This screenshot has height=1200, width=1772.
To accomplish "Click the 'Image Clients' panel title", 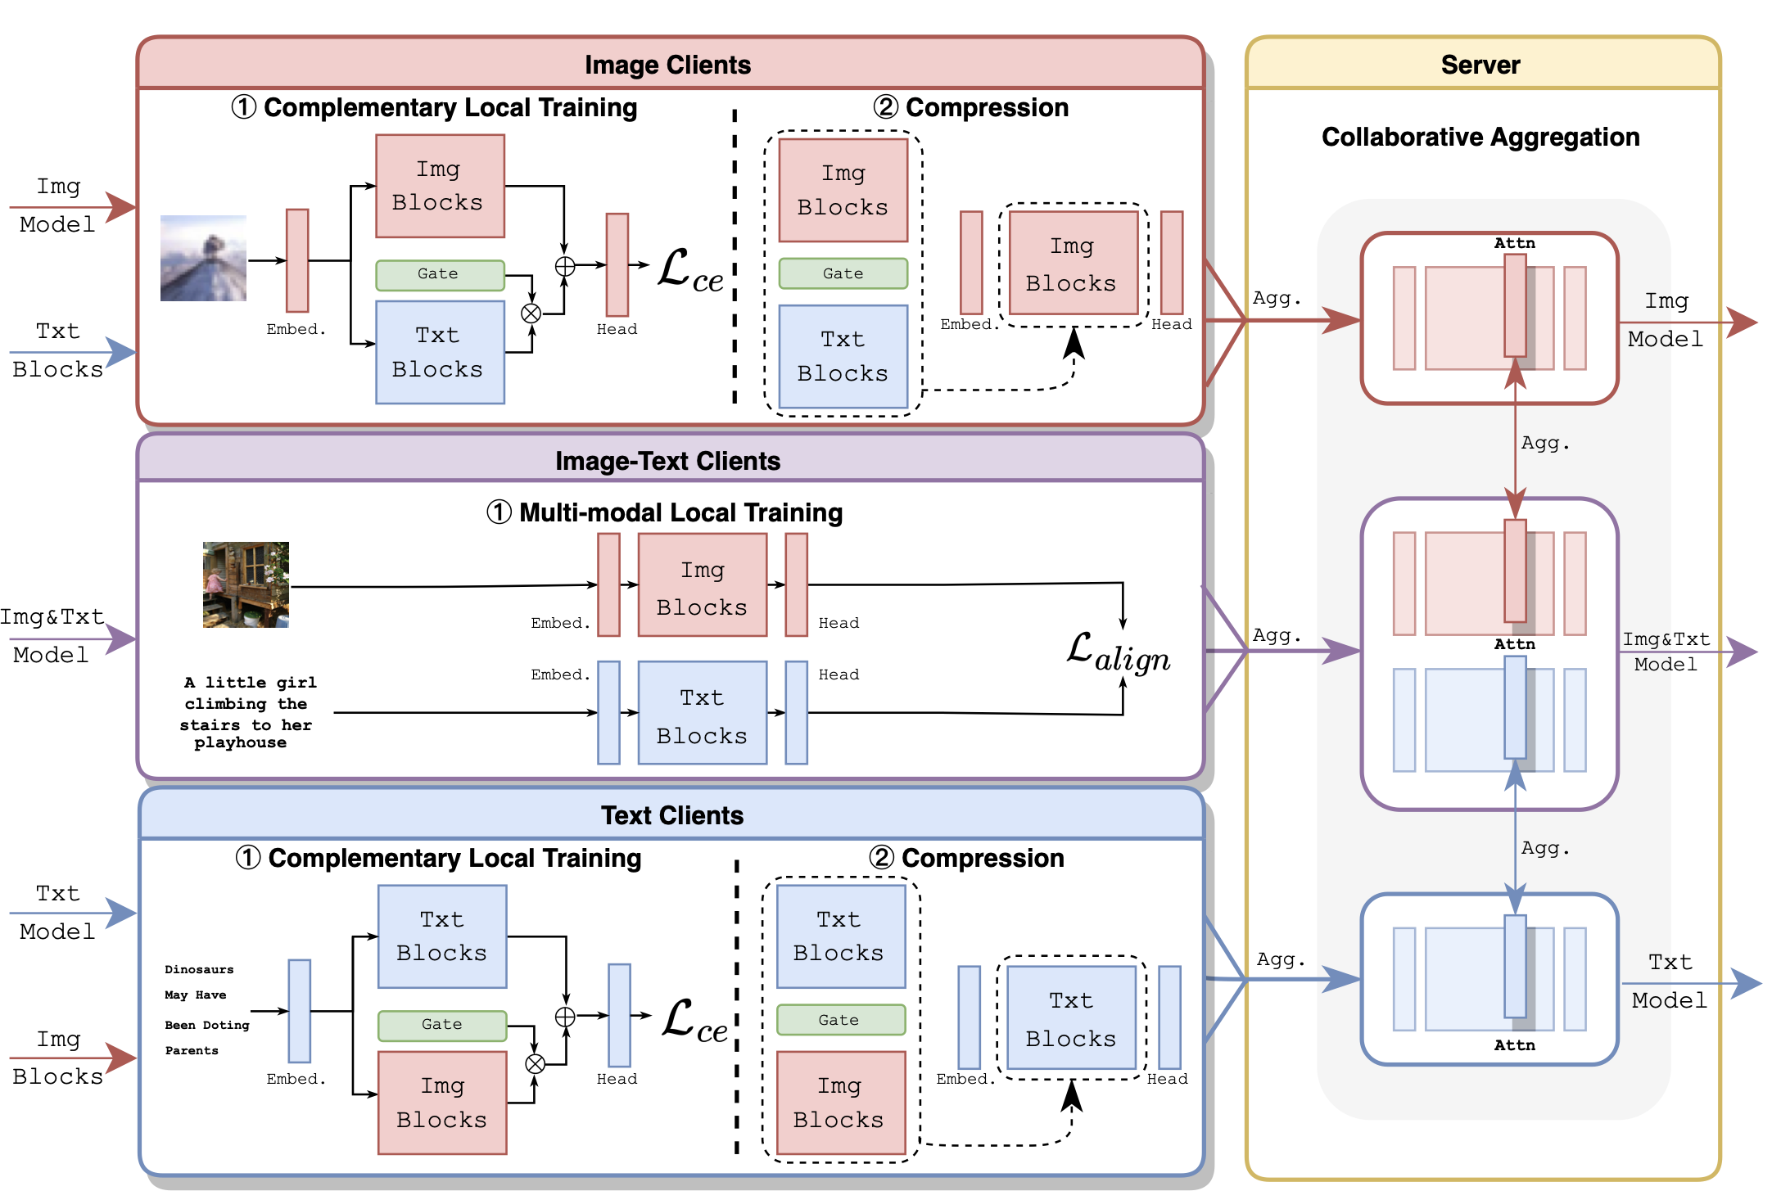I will [x=667, y=65].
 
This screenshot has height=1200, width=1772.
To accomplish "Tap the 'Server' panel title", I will [x=1480, y=65].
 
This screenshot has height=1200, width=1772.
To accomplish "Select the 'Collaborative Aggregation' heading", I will [x=1480, y=137].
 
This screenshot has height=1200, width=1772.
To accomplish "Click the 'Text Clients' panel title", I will [x=671, y=815].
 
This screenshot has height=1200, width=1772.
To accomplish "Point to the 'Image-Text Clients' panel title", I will [x=667, y=461].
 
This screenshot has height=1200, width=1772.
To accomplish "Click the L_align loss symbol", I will [x=1119, y=652].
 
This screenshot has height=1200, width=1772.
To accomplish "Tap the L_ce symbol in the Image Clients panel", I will [x=690, y=270].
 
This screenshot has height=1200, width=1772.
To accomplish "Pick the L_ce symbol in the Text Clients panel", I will [x=694, y=1020].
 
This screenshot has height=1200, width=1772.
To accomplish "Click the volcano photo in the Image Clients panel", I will [x=203, y=258].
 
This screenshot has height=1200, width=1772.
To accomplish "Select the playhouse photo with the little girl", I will [x=246, y=584].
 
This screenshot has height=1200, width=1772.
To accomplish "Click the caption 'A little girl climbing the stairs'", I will [x=246, y=712].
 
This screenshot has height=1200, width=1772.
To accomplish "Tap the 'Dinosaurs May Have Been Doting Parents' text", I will [x=206, y=1010].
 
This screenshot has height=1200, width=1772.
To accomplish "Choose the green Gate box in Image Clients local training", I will [x=440, y=274].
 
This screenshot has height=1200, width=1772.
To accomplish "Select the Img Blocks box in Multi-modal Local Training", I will [x=702, y=585].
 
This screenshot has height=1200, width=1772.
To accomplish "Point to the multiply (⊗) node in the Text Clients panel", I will [x=535, y=1063].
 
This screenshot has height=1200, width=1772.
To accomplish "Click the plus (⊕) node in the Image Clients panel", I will [x=564, y=266].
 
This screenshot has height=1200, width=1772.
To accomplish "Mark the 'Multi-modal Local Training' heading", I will [x=664, y=512].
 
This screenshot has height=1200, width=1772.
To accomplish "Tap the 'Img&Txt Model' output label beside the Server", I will [x=1666, y=652].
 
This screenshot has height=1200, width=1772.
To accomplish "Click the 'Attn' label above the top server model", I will [x=1514, y=243].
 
